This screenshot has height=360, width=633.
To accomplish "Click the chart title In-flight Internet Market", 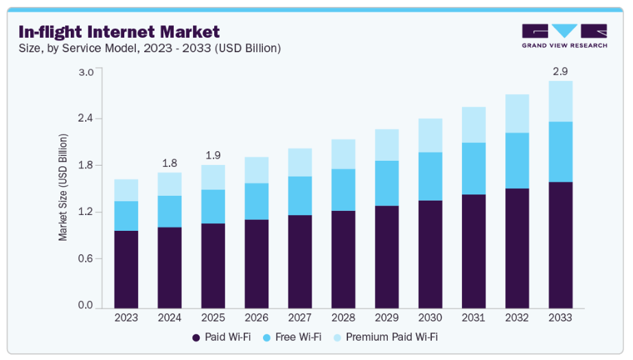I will (119, 32).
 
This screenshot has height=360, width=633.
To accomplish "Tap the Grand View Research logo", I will (564, 36).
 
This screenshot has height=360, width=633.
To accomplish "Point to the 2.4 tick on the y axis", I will (85, 119).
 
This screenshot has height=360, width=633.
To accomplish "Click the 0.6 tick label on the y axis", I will (85, 259).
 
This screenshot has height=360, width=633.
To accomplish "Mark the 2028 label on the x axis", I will (343, 319).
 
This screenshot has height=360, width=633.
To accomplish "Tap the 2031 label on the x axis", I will (474, 319).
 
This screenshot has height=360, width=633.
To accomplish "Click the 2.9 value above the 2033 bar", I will (560, 71).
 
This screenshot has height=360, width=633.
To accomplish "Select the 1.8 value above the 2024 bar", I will (170, 163).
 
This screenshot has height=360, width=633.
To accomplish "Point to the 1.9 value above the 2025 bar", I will (213, 155).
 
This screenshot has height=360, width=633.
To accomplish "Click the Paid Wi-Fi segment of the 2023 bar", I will (126, 269).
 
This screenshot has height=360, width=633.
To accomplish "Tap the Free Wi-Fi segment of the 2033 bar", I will (560, 152).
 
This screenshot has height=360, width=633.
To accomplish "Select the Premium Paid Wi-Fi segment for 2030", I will (430, 135).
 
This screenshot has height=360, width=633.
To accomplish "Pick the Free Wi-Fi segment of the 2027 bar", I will (300, 196).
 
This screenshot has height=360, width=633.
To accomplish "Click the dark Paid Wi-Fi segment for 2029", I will (387, 257).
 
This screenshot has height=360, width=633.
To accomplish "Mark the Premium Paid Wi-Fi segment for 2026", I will (256, 170).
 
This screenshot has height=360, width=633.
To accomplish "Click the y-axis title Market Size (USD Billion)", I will (63, 188).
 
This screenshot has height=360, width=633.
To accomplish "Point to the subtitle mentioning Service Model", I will (150, 48).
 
